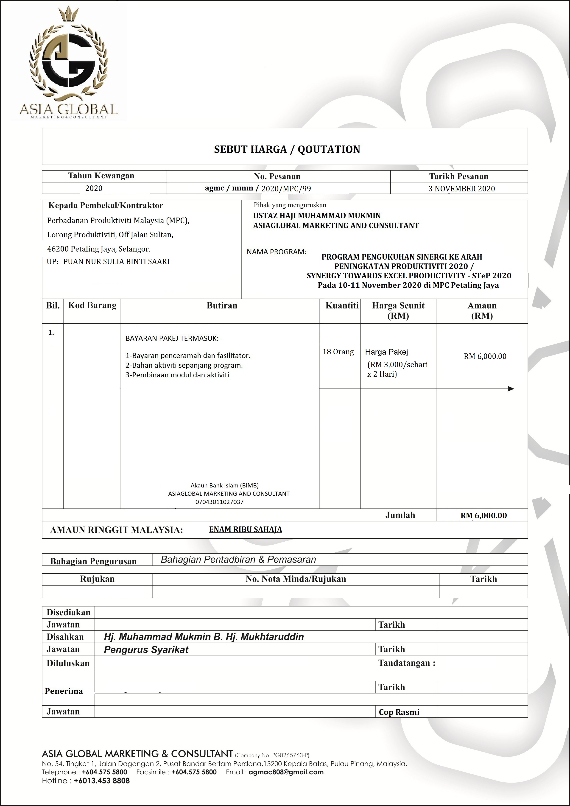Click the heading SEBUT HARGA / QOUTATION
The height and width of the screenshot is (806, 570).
click(287, 150)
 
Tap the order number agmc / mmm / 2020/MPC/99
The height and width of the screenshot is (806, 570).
click(258, 188)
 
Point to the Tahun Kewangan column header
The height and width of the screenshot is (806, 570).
click(101, 176)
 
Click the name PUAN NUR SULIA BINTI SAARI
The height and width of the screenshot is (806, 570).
click(116, 262)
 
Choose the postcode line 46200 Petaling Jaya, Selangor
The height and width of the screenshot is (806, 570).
click(99, 249)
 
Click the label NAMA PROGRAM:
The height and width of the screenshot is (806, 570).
click(276, 252)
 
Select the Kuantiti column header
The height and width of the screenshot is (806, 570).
click(342, 305)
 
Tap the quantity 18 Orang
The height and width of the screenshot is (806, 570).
click(338, 352)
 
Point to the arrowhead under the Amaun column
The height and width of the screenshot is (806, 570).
click(511, 389)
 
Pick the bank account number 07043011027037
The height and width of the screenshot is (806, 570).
click(219, 502)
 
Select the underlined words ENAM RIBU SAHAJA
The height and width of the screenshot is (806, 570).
click(245, 529)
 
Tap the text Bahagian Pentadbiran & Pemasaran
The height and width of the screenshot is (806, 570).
click(238, 560)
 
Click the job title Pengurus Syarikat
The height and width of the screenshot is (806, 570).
click(146, 650)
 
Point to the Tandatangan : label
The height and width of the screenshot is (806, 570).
click(406, 663)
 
